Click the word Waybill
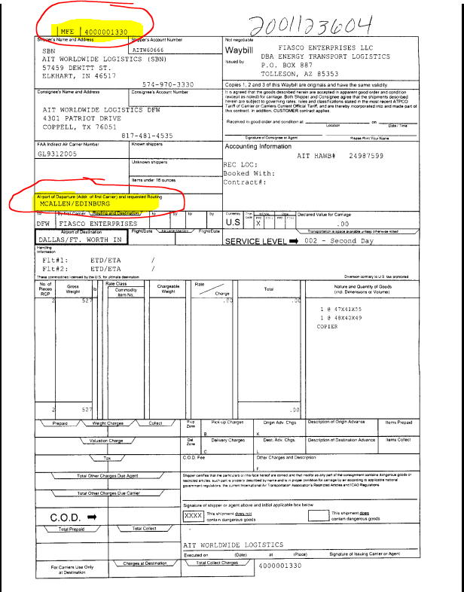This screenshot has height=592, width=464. tap(241, 50)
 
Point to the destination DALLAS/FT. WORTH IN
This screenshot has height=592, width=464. tap(79, 240)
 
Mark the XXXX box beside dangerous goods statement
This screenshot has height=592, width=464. tap(193, 516)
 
